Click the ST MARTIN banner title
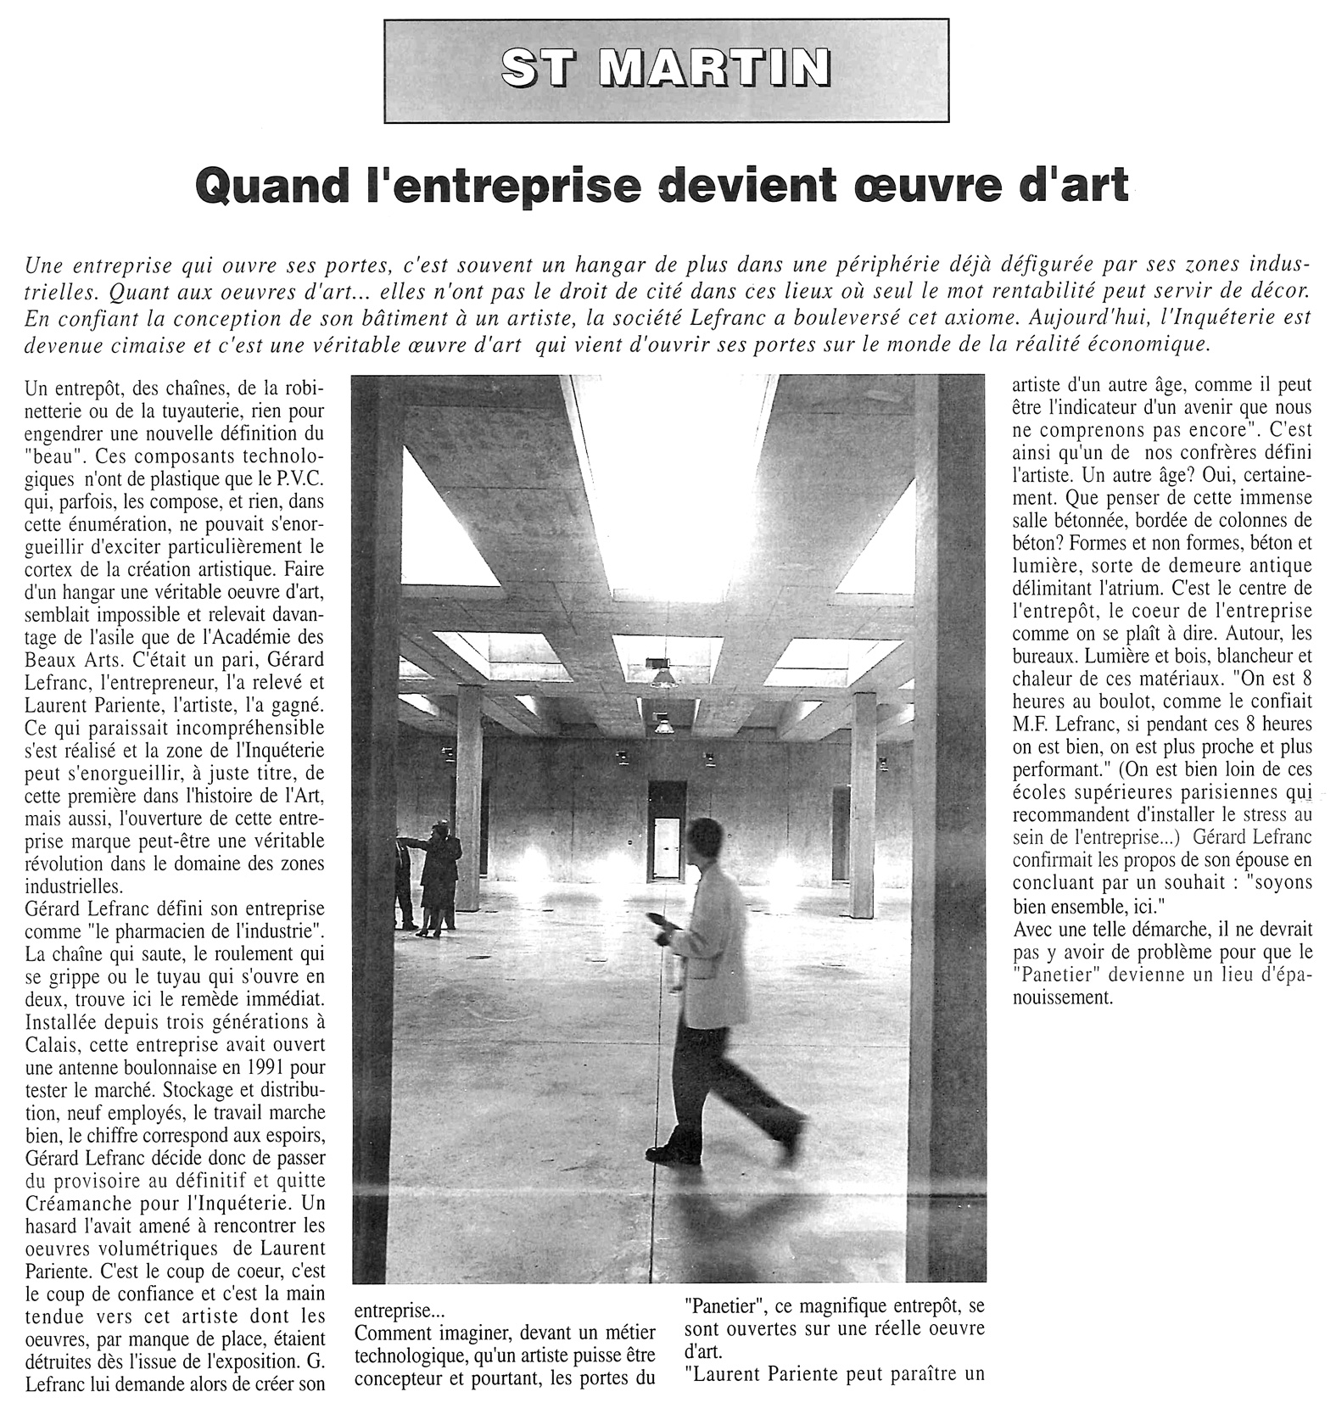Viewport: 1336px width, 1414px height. [666, 69]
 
